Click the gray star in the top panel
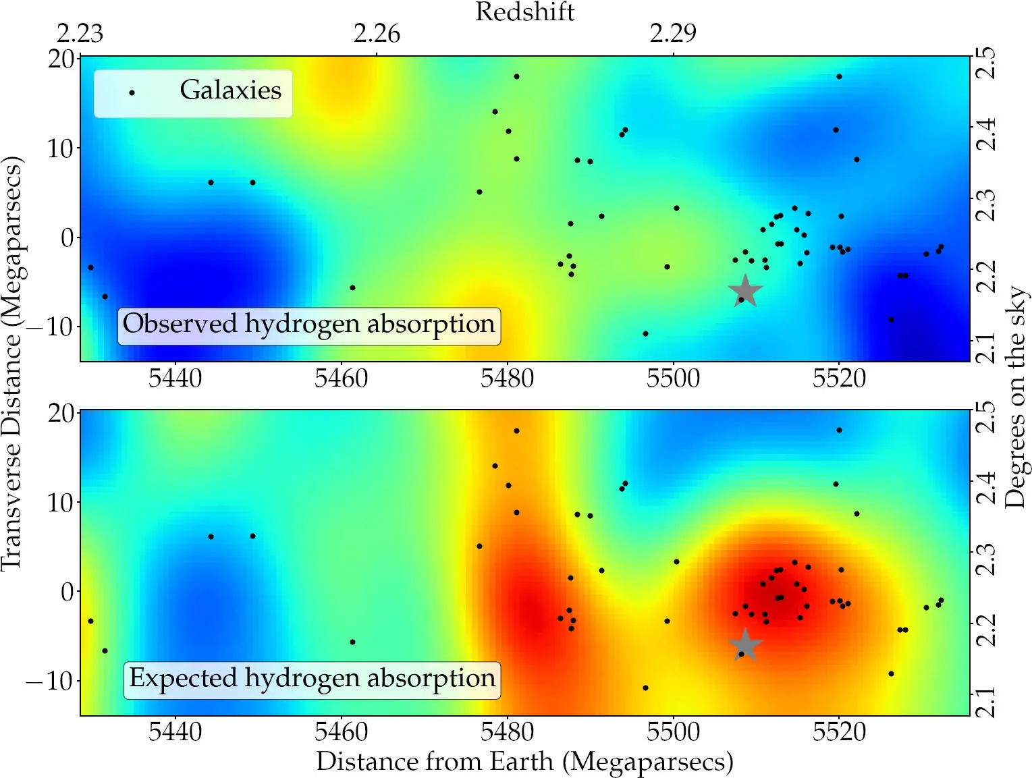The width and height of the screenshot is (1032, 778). pyautogui.click(x=745, y=291)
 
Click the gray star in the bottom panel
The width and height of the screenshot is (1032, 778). pyautogui.click(x=745, y=645)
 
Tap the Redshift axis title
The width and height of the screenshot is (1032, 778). pyautogui.click(x=524, y=12)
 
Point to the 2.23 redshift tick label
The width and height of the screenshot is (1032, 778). pyautogui.click(x=80, y=34)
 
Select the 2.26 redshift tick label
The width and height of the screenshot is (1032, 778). pyautogui.click(x=377, y=34)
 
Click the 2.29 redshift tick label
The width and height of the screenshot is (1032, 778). pyautogui.click(x=673, y=34)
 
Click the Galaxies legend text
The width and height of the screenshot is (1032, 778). pyautogui.click(x=230, y=90)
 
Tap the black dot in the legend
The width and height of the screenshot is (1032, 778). pyautogui.click(x=132, y=93)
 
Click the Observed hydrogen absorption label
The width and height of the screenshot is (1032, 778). pyautogui.click(x=309, y=325)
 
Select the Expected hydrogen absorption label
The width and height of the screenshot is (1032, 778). pyautogui.click(x=312, y=679)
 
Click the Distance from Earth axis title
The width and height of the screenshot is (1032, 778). pyautogui.click(x=524, y=762)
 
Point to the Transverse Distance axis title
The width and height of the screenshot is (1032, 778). pyautogui.click(x=12, y=364)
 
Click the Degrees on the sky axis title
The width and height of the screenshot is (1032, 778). pyautogui.click(x=1014, y=398)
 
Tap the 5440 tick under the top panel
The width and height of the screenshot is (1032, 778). pyautogui.click(x=175, y=379)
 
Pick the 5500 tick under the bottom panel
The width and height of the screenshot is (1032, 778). pyautogui.click(x=673, y=732)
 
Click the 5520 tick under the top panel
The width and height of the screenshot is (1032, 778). pyautogui.click(x=839, y=379)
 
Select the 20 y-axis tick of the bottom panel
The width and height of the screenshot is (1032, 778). pyautogui.click(x=61, y=413)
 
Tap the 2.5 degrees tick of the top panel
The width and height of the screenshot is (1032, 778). pyautogui.click(x=986, y=63)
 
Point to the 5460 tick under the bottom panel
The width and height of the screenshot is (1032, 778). pyautogui.click(x=341, y=732)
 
